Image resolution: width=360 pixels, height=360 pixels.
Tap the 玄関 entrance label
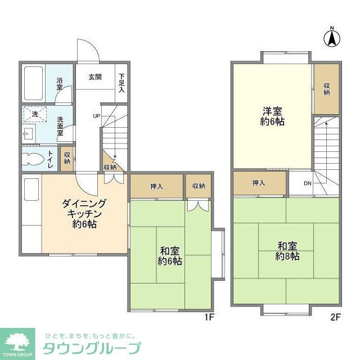click(x=94, y=77)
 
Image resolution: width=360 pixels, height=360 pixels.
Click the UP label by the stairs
click(x=97, y=116)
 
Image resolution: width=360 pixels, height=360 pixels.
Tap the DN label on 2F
click(x=308, y=183)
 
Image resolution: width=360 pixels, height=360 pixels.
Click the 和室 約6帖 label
click(x=169, y=256)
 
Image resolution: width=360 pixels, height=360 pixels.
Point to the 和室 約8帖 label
click(x=287, y=251)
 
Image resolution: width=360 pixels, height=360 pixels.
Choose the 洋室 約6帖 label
click(x=272, y=115)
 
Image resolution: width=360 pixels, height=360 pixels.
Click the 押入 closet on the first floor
click(x=156, y=186)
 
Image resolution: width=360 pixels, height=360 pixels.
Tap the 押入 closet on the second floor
click(x=259, y=183)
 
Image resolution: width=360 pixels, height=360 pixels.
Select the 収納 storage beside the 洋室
click(x=326, y=89)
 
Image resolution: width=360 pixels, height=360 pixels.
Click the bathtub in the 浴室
click(x=34, y=83)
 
